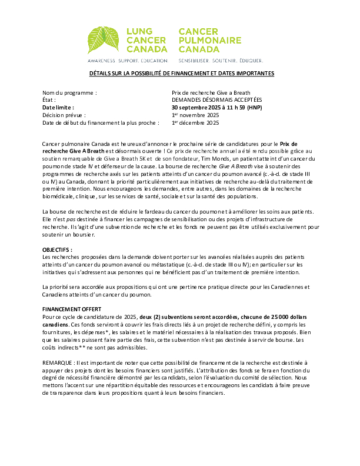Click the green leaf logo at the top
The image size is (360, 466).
point(104,40)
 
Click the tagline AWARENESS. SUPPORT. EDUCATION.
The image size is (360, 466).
point(128,61)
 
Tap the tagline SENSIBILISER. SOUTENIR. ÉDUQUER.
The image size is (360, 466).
point(221,61)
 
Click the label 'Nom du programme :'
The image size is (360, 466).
point(70,93)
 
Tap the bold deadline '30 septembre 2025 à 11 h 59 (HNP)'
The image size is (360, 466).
point(217,108)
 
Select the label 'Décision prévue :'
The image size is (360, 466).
point(64,116)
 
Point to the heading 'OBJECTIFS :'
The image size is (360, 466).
point(58,249)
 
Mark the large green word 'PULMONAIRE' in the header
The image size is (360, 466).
point(210,40)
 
